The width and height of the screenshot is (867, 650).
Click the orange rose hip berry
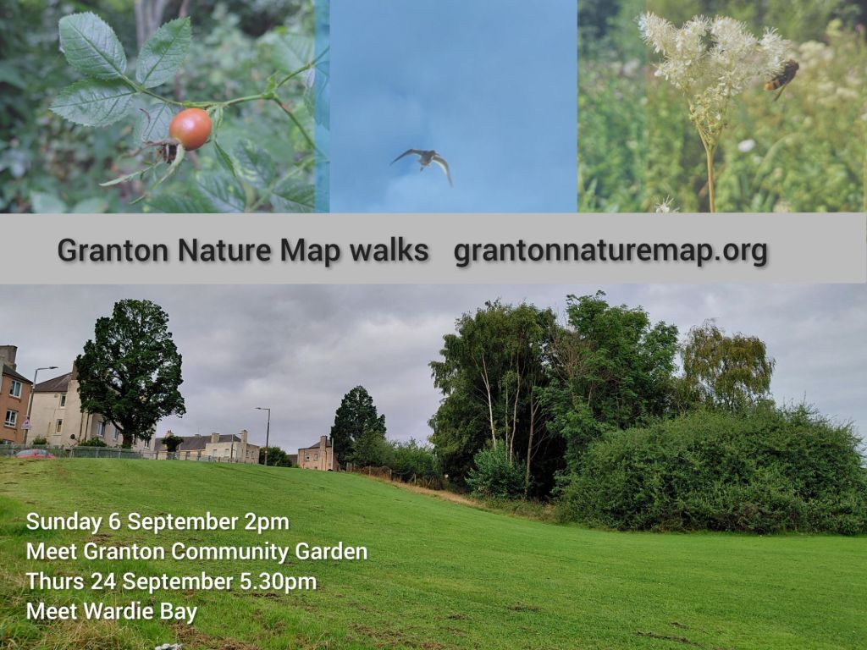tap(191, 129)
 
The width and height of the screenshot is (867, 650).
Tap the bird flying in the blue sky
tap(422, 162)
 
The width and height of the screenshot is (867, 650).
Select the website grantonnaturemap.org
tap(610, 251)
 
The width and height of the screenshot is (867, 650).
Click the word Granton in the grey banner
tap(113, 250)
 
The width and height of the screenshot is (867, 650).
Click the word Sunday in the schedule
tap(64, 522)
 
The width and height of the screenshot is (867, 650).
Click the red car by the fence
tap(34, 454)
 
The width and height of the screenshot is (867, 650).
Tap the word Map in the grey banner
tap(310, 251)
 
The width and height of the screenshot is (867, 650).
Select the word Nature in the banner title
tap(224, 250)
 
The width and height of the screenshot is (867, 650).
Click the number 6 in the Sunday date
tap(114, 522)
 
